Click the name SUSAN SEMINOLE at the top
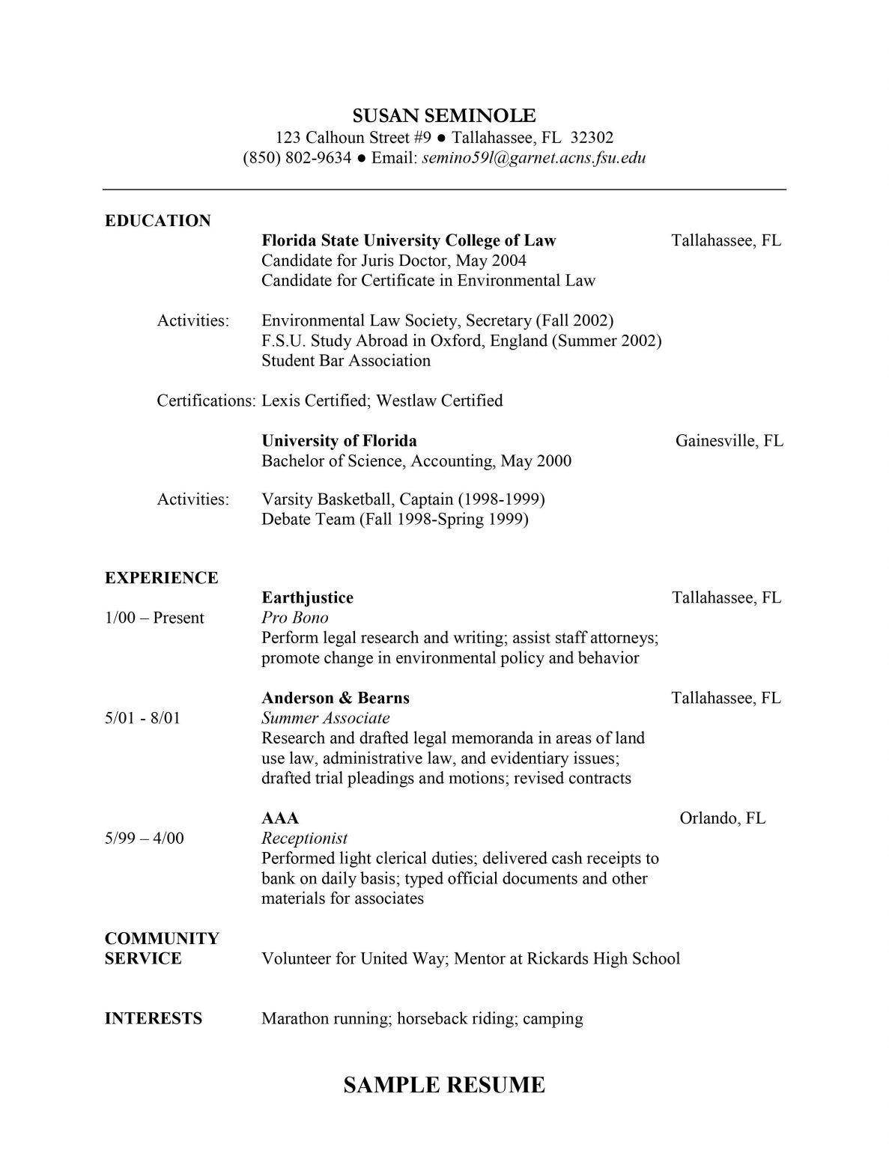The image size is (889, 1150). (x=444, y=115)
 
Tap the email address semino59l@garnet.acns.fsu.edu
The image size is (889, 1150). (x=533, y=158)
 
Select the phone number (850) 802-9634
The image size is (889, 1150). (x=297, y=158)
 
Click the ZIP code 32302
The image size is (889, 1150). (x=592, y=137)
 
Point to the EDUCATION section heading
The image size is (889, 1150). (x=158, y=221)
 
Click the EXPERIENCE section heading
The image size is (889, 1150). (x=162, y=578)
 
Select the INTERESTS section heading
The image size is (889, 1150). (x=154, y=1018)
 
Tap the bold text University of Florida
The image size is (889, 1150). (x=339, y=440)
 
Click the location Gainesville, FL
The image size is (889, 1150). (x=729, y=440)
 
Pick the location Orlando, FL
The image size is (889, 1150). (x=722, y=818)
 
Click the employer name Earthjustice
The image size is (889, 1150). (x=307, y=597)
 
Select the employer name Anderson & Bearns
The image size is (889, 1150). (x=336, y=698)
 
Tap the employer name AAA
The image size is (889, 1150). (x=280, y=818)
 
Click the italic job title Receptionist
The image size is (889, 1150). (x=304, y=838)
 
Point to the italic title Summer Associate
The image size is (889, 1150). (x=325, y=718)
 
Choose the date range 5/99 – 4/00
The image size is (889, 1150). (x=145, y=838)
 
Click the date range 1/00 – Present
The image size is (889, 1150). (x=154, y=618)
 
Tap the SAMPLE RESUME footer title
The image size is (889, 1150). (x=444, y=1085)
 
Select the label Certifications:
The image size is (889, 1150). (x=206, y=401)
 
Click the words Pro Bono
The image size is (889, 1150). (x=295, y=618)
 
